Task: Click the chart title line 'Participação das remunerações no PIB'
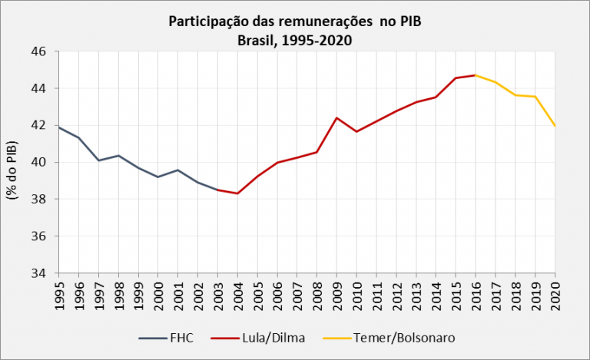tap(295, 21)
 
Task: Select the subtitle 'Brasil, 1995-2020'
tap(295, 40)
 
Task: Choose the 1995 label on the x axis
tap(59, 296)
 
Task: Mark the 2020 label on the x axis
tap(555, 296)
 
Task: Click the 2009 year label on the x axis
tap(337, 296)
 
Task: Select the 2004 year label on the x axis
tap(238, 296)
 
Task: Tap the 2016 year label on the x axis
tap(476, 296)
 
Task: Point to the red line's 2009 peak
tap(337, 118)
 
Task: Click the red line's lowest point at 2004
tap(238, 193)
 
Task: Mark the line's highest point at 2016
tap(476, 75)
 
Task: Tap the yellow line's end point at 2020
tap(555, 126)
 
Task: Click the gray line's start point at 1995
tap(59, 127)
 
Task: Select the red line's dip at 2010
tap(356, 131)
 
